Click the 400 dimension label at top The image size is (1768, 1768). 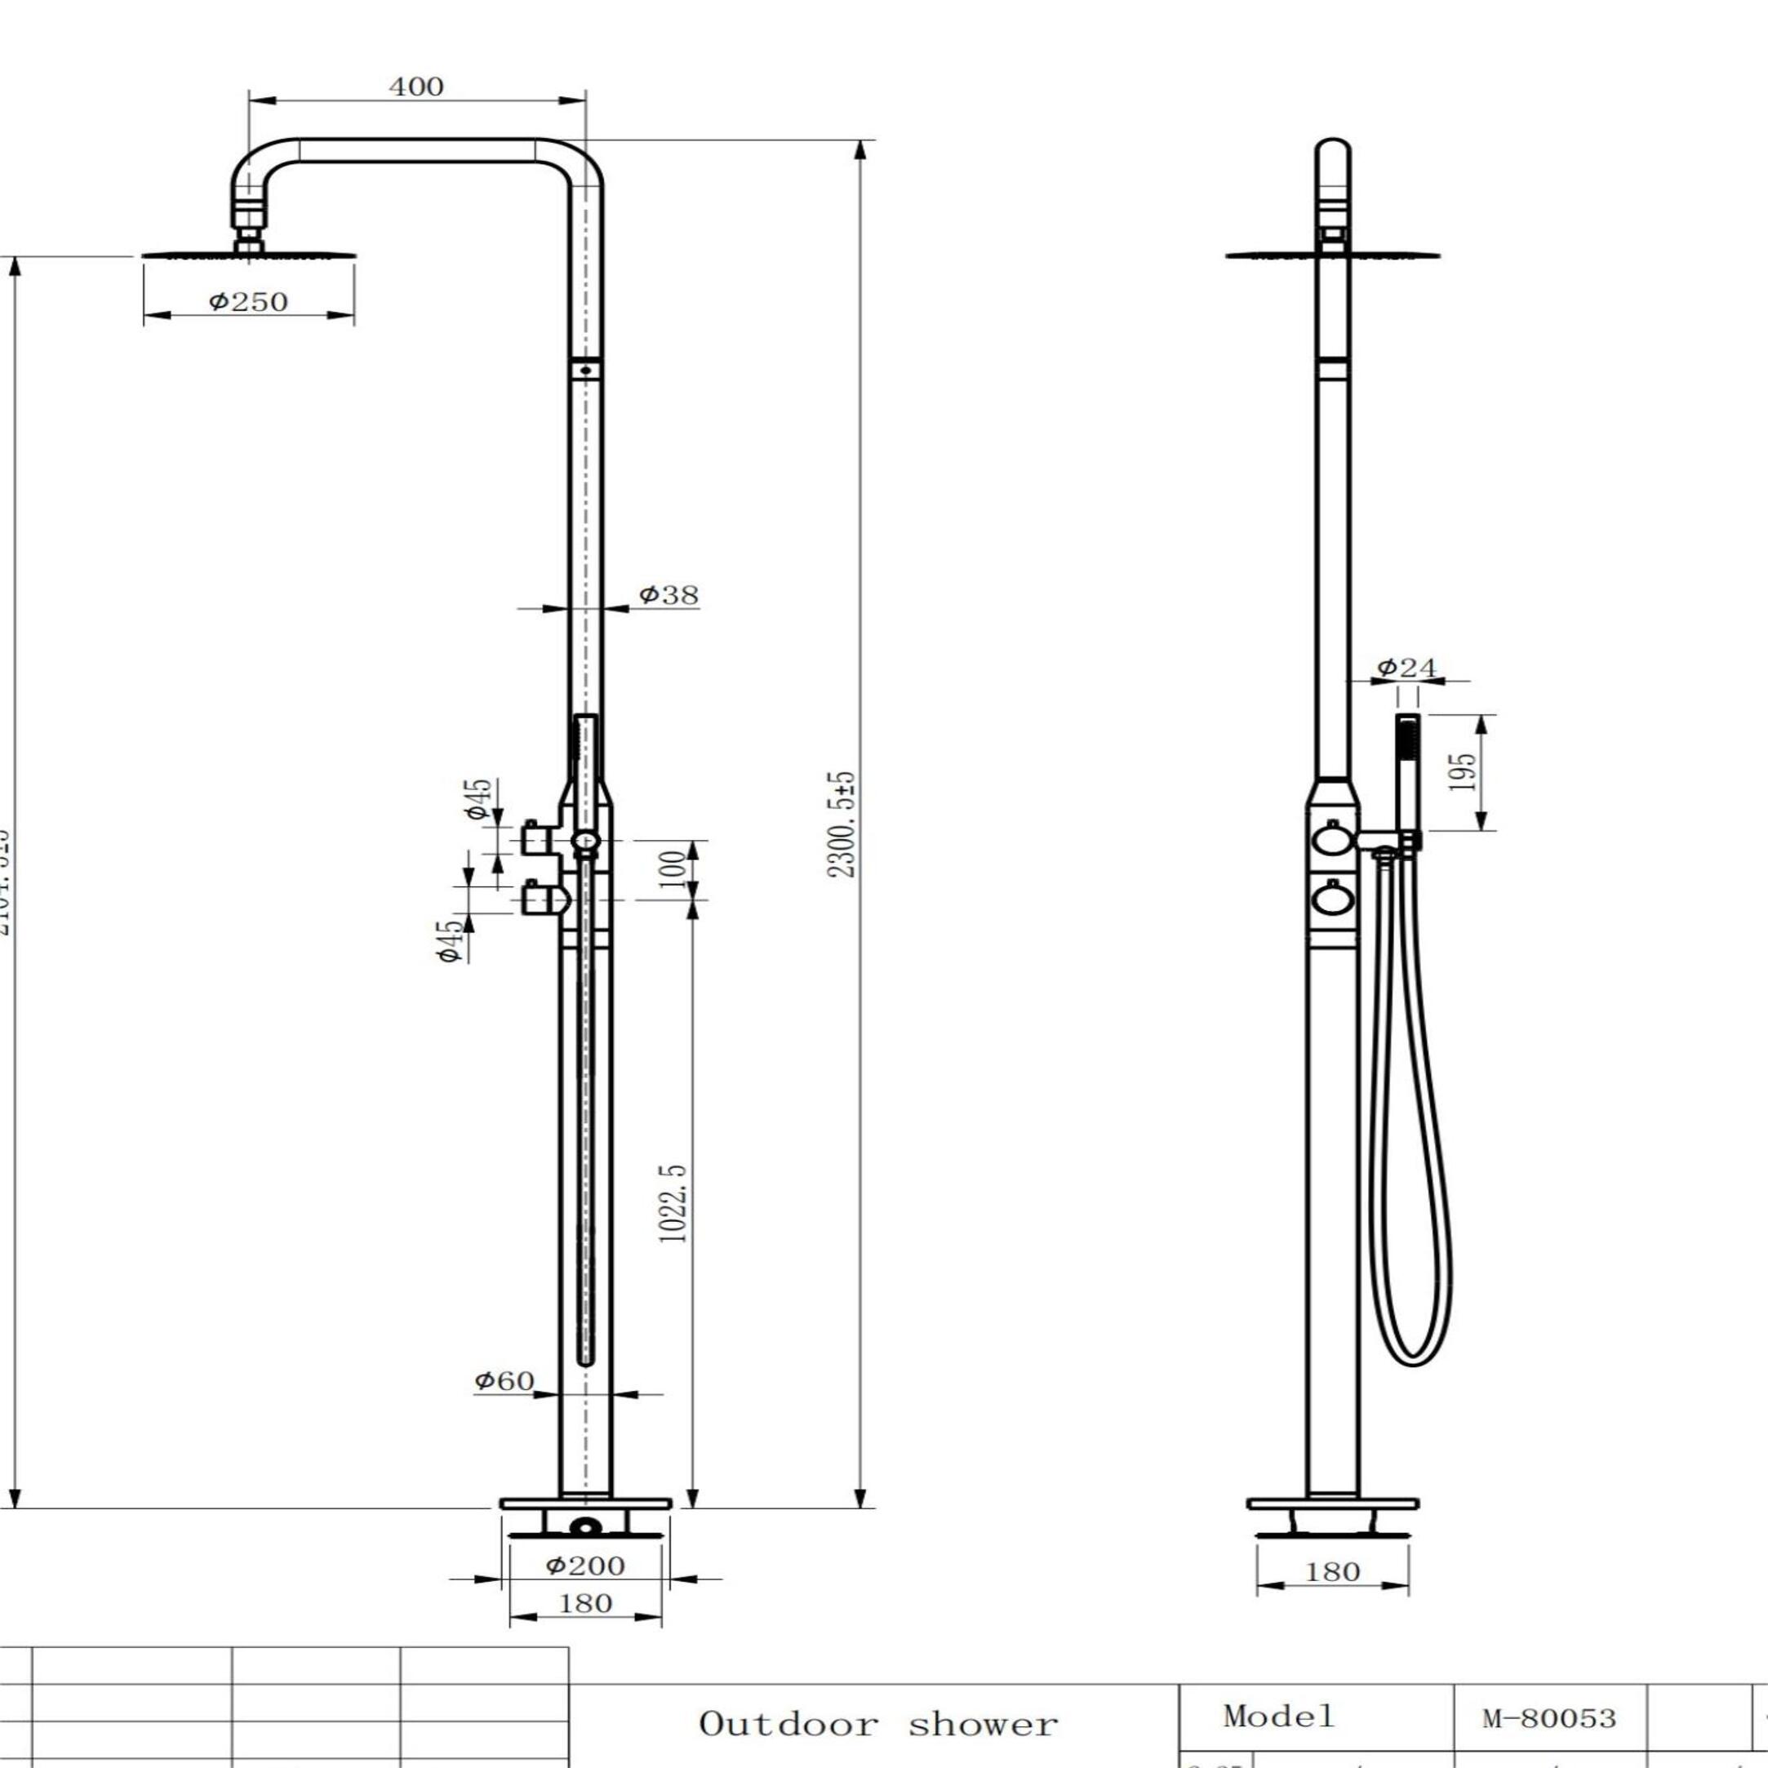[x=416, y=87]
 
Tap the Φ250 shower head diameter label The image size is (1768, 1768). [x=248, y=301]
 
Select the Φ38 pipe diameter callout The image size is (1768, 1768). [x=669, y=595]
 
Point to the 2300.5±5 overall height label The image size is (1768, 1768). [x=841, y=824]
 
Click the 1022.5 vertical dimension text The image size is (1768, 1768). [x=673, y=1202]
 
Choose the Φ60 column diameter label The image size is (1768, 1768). [x=504, y=1380]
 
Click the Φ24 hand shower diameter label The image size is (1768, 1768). [x=1407, y=667]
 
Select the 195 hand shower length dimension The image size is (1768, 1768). [x=1464, y=771]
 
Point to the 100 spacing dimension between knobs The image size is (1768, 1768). [x=673, y=864]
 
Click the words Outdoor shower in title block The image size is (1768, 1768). [x=878, y=1724]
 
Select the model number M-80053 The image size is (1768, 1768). [x=1550, y=1718]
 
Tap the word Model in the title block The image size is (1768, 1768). [x=1279, y=1715]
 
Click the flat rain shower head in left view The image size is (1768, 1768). [x=248, y=255]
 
